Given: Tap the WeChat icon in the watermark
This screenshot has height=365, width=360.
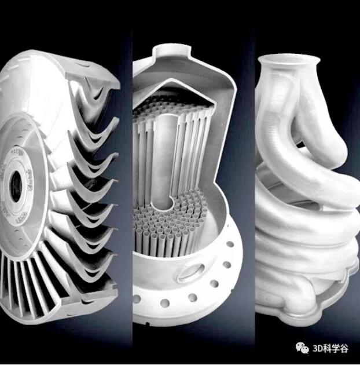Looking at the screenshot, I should coord(302,347).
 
